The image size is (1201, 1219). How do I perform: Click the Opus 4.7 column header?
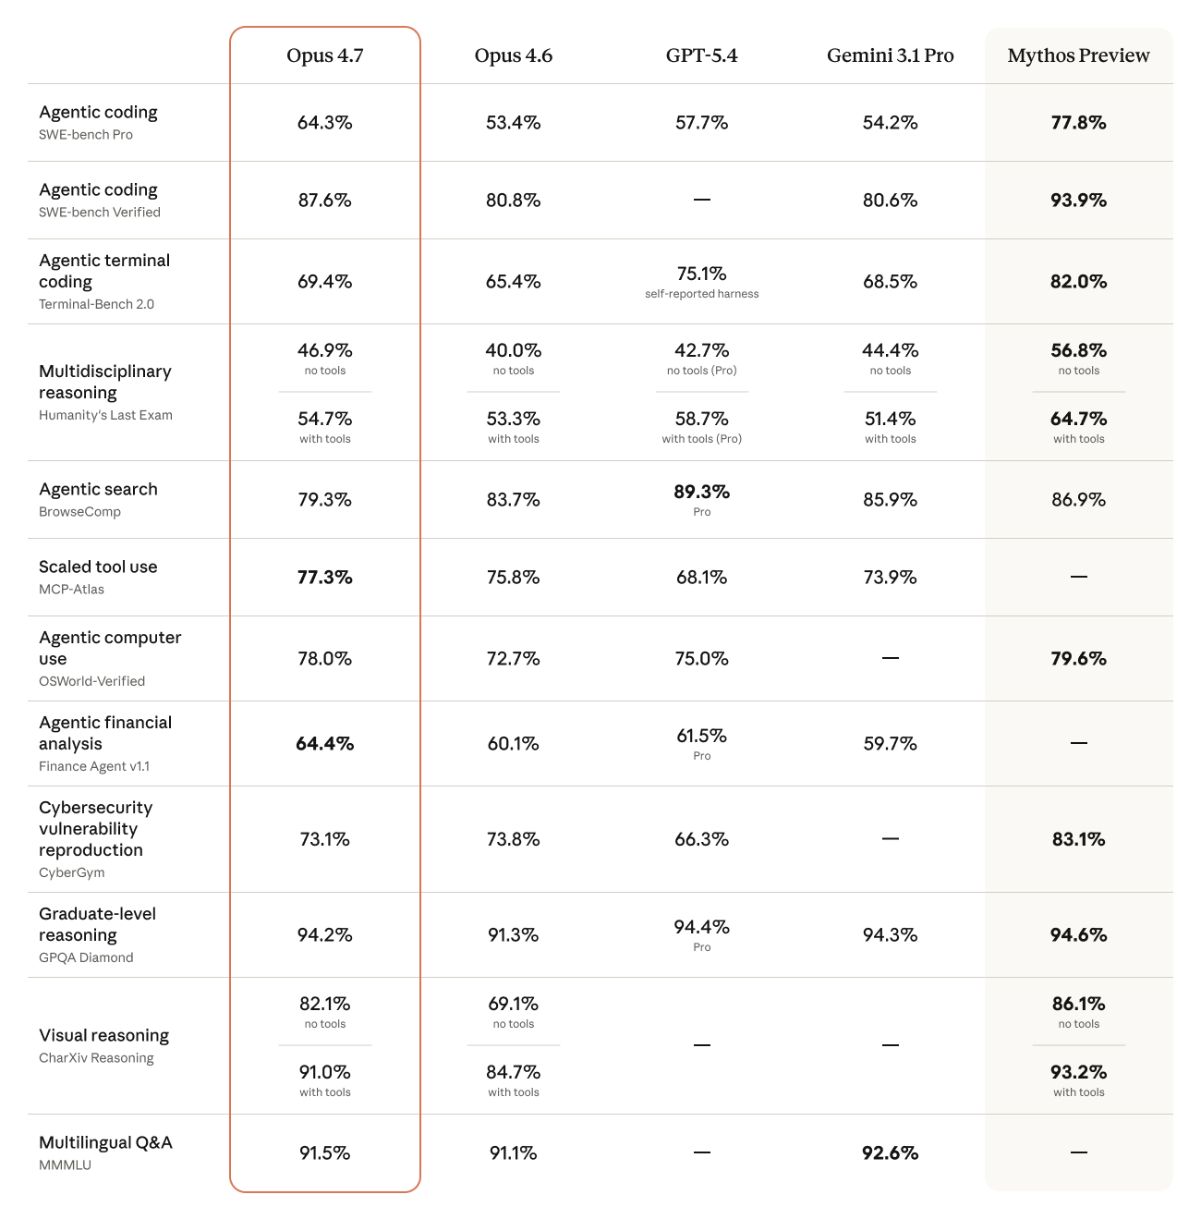tap(325, 56)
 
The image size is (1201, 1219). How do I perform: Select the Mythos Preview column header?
tap(1078, 56)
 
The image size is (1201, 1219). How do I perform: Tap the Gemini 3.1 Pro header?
tap(890, 56)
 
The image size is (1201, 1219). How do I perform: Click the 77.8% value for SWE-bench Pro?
tap(1078, 123)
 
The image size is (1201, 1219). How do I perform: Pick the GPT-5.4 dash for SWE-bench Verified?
tap(702, 200)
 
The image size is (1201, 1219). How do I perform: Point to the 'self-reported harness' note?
tap(702, 294)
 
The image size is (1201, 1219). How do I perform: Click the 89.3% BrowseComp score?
tap(702, 492)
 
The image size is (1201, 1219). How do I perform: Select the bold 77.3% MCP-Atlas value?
tap(325, 578)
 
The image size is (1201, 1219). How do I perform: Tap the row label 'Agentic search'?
tap(98, 490)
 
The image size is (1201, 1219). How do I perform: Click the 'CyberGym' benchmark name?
tap(72, 872)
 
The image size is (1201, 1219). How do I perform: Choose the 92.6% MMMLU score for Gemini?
tap(890, 1153)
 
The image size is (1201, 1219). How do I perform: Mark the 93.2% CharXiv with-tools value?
tap(1078, 1072)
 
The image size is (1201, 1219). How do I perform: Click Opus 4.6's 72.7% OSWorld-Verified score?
tap(514, 659)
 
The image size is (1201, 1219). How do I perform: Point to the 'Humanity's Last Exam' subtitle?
tap(105, 415)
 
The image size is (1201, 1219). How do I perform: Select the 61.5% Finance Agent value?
tap(702, 736)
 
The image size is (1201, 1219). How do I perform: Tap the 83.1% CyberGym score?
tap(1078, 839)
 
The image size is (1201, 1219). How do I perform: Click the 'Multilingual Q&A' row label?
tap(105, 1143)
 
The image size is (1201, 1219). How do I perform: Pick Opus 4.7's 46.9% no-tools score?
tap(325, 350)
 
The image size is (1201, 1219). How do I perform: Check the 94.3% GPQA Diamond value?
tap(890, 935)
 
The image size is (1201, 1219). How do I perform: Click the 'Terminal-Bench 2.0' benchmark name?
tap(96, 304)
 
